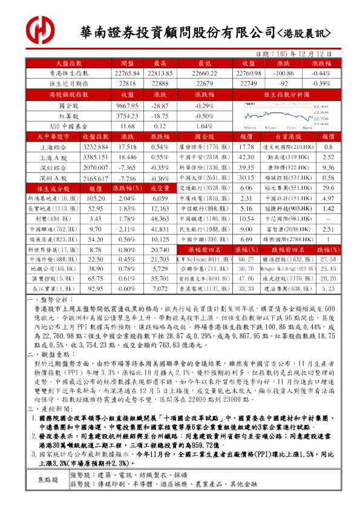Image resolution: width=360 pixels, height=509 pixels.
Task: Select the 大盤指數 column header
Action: [68, 63]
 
